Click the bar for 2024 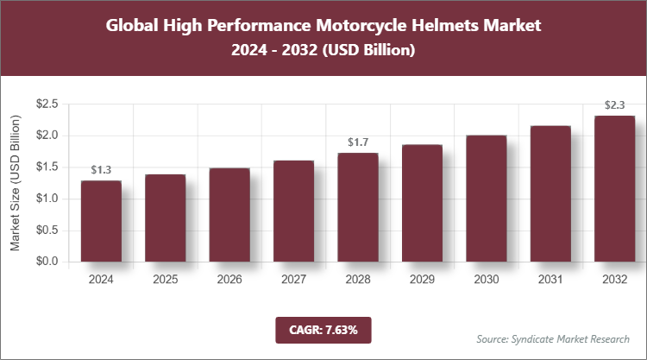pos(101,221)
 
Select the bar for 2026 pos(229,215)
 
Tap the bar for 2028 pos(357,207)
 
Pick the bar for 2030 pos(486,199)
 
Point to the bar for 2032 pos(614,189)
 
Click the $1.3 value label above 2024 pos(101,170)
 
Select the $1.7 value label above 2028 pos(357,142)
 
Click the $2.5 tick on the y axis pos(47,104)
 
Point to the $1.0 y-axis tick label pos(47,199)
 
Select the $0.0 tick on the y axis pos(47,262)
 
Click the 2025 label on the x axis pos(165,280)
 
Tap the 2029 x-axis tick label pos(422,280)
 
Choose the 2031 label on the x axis pos(550,280)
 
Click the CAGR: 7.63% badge pos(323,330)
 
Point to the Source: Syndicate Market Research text pos(552,338)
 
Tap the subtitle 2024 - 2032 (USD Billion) pos(323,51)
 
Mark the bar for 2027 pos(293,211)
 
